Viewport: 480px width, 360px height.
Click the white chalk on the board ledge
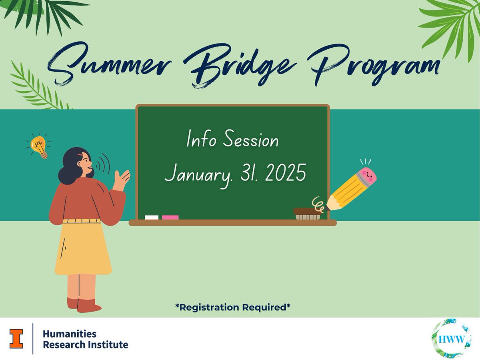point(152,217)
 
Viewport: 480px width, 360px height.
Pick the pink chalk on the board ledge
point(170,217)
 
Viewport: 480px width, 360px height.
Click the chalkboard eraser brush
point(307,214)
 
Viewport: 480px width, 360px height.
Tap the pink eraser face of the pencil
point(367,176)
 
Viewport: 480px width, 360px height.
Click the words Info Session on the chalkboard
point(232,140)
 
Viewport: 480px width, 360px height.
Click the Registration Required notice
point(232,307)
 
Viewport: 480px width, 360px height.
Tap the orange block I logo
point(17,338)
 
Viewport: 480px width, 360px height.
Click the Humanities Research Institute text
point(85,339)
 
